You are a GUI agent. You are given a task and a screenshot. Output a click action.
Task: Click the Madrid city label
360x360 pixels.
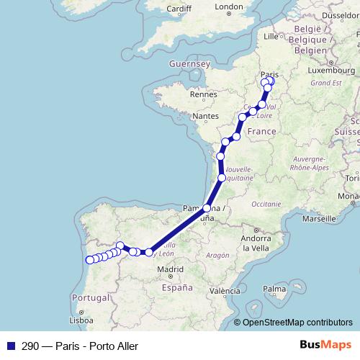[x=171, y=270]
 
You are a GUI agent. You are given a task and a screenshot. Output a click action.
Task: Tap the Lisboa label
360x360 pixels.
[x=81, y=320]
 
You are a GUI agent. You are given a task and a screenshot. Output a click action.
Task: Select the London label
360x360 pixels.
[x=229, y=7]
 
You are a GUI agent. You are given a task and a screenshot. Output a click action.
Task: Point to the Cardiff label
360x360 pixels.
[x=179, y=9]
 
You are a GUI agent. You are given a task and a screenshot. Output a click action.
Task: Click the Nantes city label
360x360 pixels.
[x=205, y=116]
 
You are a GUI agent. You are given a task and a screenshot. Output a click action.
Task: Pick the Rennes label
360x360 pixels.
[x=204, y=94]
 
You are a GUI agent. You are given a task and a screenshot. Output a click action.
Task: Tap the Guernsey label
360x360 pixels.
[x=188, y=63]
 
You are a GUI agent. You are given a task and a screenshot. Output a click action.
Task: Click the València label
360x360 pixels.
[x=225, y=292]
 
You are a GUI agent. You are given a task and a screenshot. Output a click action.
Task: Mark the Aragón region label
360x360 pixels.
[x=217, y=255]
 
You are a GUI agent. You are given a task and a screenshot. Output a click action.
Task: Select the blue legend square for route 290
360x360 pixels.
[x=10, y=346]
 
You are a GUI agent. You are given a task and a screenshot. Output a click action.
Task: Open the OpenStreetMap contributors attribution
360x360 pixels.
[x=297, y=323]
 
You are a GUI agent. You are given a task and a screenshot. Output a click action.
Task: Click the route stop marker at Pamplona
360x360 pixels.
[x=207, y=208]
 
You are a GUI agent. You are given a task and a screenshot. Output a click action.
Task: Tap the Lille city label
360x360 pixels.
[x=271, y=35]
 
